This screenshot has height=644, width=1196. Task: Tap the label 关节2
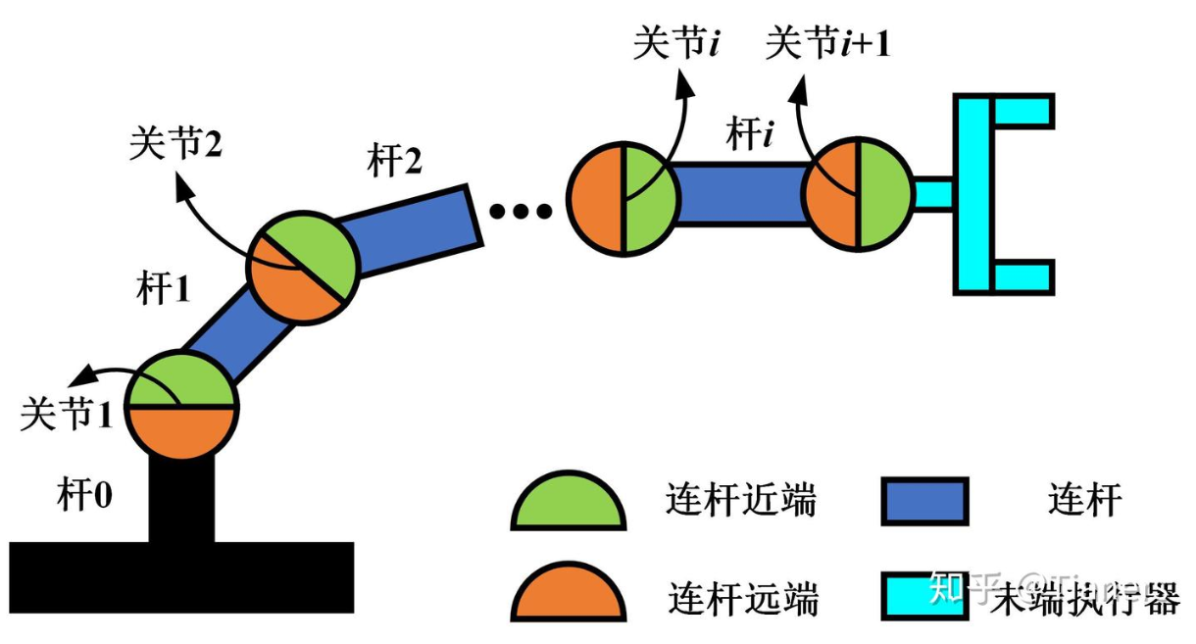pyautogui.click(x=175, y=145)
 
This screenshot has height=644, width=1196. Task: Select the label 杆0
pyautogui.click(x=84, y=495)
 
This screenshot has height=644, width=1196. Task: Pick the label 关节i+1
pyautogui.click(x=828, y=44)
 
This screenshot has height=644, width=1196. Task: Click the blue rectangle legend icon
pyautogui.click(x=923, y=501)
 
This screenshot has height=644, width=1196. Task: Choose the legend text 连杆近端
pyautogui.click(x=741, y=502)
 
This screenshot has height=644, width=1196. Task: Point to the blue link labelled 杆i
pyautogui.click(x=740, y=193)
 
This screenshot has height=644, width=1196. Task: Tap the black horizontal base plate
pyautogui.click(x=181, y=577)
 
